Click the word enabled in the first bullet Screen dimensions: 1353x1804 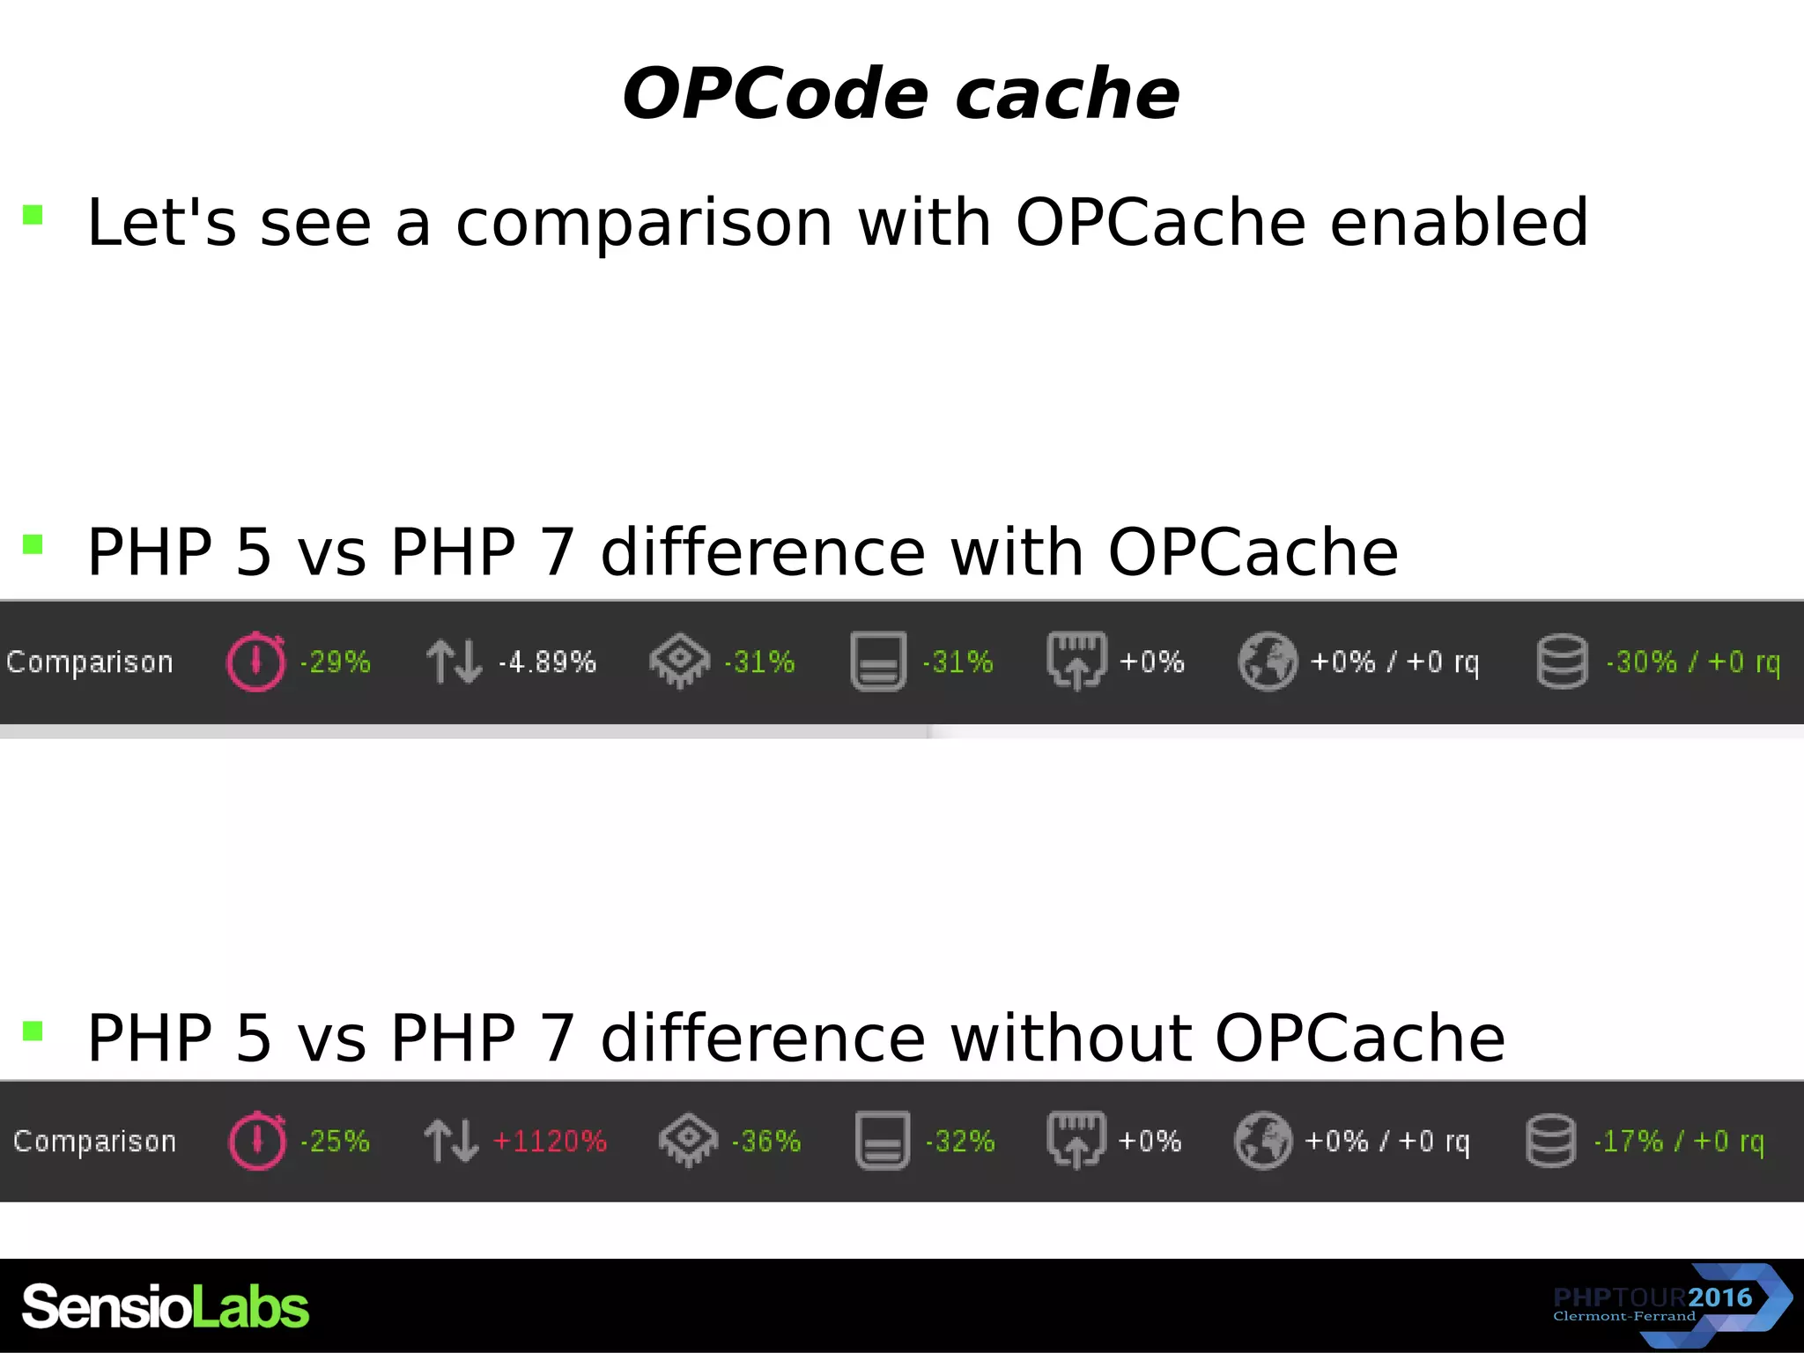click(x=1459, y=222)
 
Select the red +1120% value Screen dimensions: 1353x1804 click(x=550, y=1142)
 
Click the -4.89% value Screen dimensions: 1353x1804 click(x=547, y=662)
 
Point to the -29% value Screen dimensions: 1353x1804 click(x=335, y=662)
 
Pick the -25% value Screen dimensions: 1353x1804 click(x=335, y=1142)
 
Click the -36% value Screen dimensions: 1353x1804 click(x=765, y=1142)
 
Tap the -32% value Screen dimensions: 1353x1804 click(x=959, y=1142)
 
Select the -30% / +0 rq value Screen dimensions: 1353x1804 click(x=1692, y=662)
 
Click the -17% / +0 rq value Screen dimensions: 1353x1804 click(x=1678, y=1142)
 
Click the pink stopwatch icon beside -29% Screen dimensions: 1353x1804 click(x=255, y=662)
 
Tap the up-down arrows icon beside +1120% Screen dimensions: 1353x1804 click(x=451, y=1142)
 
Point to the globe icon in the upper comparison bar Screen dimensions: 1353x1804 click(x=1267, y=662)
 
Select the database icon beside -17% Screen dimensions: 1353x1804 click(x=1550, y=1142)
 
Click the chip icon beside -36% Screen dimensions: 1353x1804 click(x=688, y=1142)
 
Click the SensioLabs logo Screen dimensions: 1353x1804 click(x=166, y=1306)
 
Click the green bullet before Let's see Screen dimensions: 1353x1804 click(x=33, y=215)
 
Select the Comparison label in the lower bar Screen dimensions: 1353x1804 click(x=94, y=1142)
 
